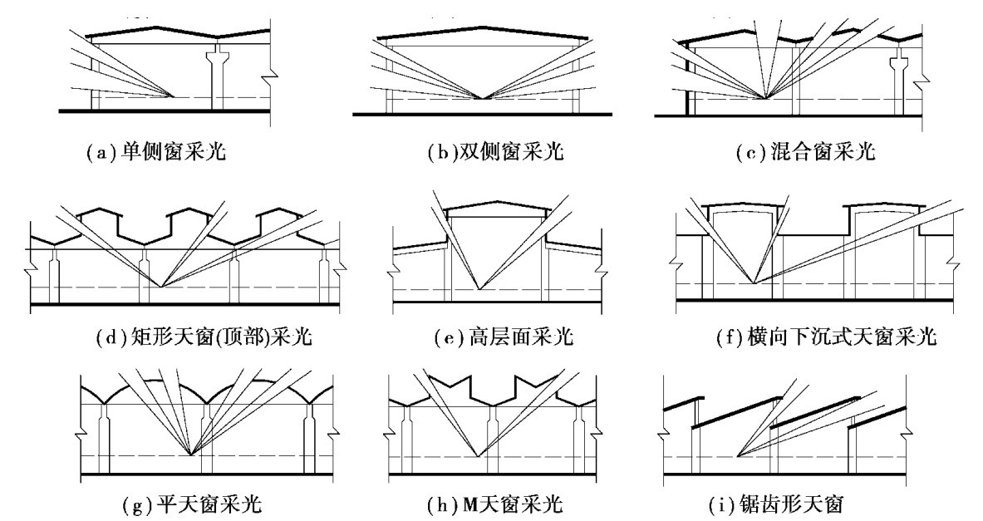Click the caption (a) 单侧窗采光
point(155,152)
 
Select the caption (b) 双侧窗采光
point(495,152)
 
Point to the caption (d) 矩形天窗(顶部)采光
point(204,338)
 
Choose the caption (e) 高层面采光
point(504,338)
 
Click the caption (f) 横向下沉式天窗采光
point(826,338)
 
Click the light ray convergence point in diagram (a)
point(174,96)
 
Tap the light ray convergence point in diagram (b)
point(483,98)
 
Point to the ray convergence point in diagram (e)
point(479,289)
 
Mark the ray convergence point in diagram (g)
point(191,454)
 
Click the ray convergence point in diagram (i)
point(739,456)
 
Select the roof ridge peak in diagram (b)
point(483,27)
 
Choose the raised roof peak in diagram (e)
point(498,203)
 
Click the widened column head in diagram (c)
point(900,62)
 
